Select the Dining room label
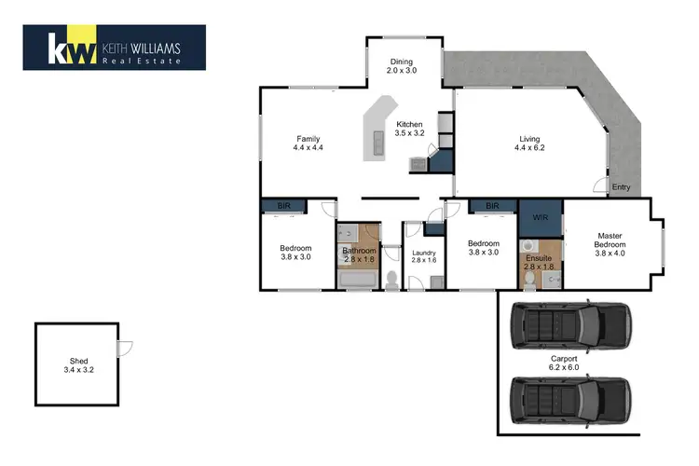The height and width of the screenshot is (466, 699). tap(401, 62)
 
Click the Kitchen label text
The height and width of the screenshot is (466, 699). tap(409, 124)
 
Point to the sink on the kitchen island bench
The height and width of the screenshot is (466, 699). tap(378, 144)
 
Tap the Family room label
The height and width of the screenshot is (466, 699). tap(308, 139)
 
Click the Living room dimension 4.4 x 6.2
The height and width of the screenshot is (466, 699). tap(529, 148)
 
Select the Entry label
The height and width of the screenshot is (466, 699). tap(621, 187)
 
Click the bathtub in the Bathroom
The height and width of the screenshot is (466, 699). tap(358, 279)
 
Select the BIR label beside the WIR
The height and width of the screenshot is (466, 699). tap(492, 206)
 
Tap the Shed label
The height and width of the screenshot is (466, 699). tap(77, 361)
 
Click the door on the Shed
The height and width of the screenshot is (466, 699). tap(125, 348)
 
